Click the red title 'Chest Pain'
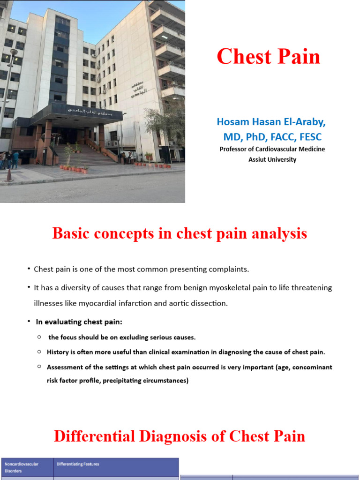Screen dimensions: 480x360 point(269,57)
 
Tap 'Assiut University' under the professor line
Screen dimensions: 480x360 point(272,159)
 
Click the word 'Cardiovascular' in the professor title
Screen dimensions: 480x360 point(278,149)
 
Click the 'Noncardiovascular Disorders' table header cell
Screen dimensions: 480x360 point(22,467)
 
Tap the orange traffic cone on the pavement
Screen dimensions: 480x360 point(8,175)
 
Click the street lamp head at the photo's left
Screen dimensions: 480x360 point(13,52)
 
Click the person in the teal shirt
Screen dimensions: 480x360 point(15,159)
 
